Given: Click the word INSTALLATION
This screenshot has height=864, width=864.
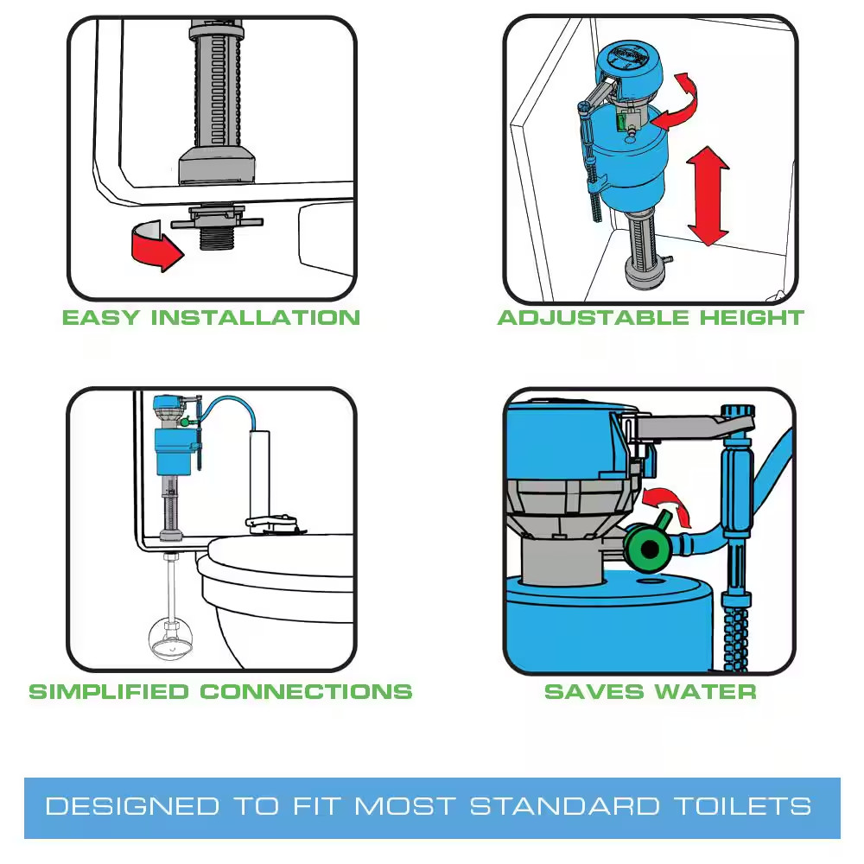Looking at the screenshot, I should coord(255,317).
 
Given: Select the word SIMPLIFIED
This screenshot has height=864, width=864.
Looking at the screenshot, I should coord(108,692).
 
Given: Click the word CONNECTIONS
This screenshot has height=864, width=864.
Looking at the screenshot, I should coord(306,692).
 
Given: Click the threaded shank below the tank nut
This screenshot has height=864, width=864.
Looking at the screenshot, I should coord(216,237).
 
